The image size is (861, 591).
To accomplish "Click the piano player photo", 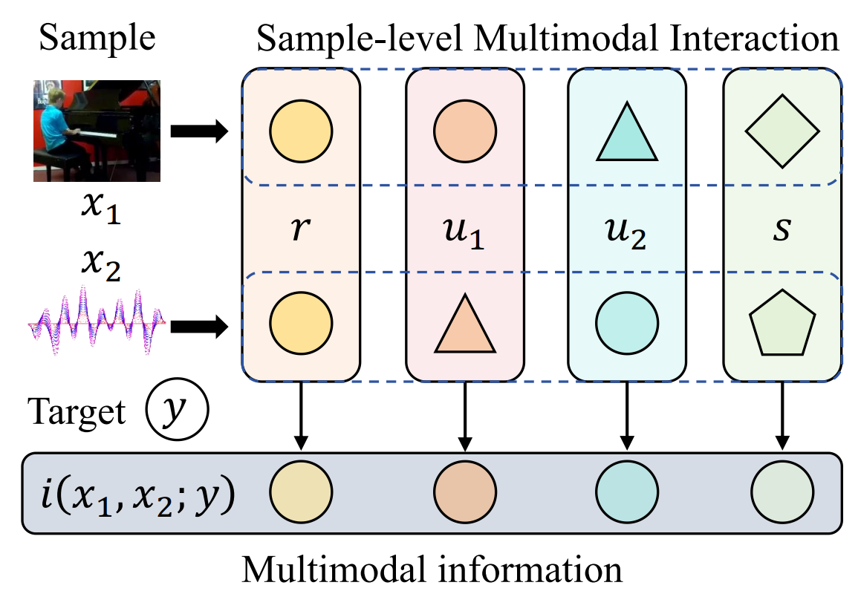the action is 97,131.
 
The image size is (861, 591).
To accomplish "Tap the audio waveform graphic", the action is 97,321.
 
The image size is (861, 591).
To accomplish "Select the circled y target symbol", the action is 177,409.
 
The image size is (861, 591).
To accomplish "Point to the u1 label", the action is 464,232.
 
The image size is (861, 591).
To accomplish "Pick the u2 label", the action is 626,232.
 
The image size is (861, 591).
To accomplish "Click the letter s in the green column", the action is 782,229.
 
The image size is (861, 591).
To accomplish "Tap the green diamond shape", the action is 782,131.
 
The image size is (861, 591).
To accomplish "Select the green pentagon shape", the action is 782,323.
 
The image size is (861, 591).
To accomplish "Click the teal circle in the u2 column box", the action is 626,323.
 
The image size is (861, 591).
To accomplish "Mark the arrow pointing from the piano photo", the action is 199,131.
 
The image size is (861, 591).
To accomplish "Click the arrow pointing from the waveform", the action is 199,327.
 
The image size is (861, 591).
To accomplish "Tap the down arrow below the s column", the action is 782,415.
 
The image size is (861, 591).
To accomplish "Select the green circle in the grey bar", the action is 782,492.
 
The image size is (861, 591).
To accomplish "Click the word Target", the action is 77,411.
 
